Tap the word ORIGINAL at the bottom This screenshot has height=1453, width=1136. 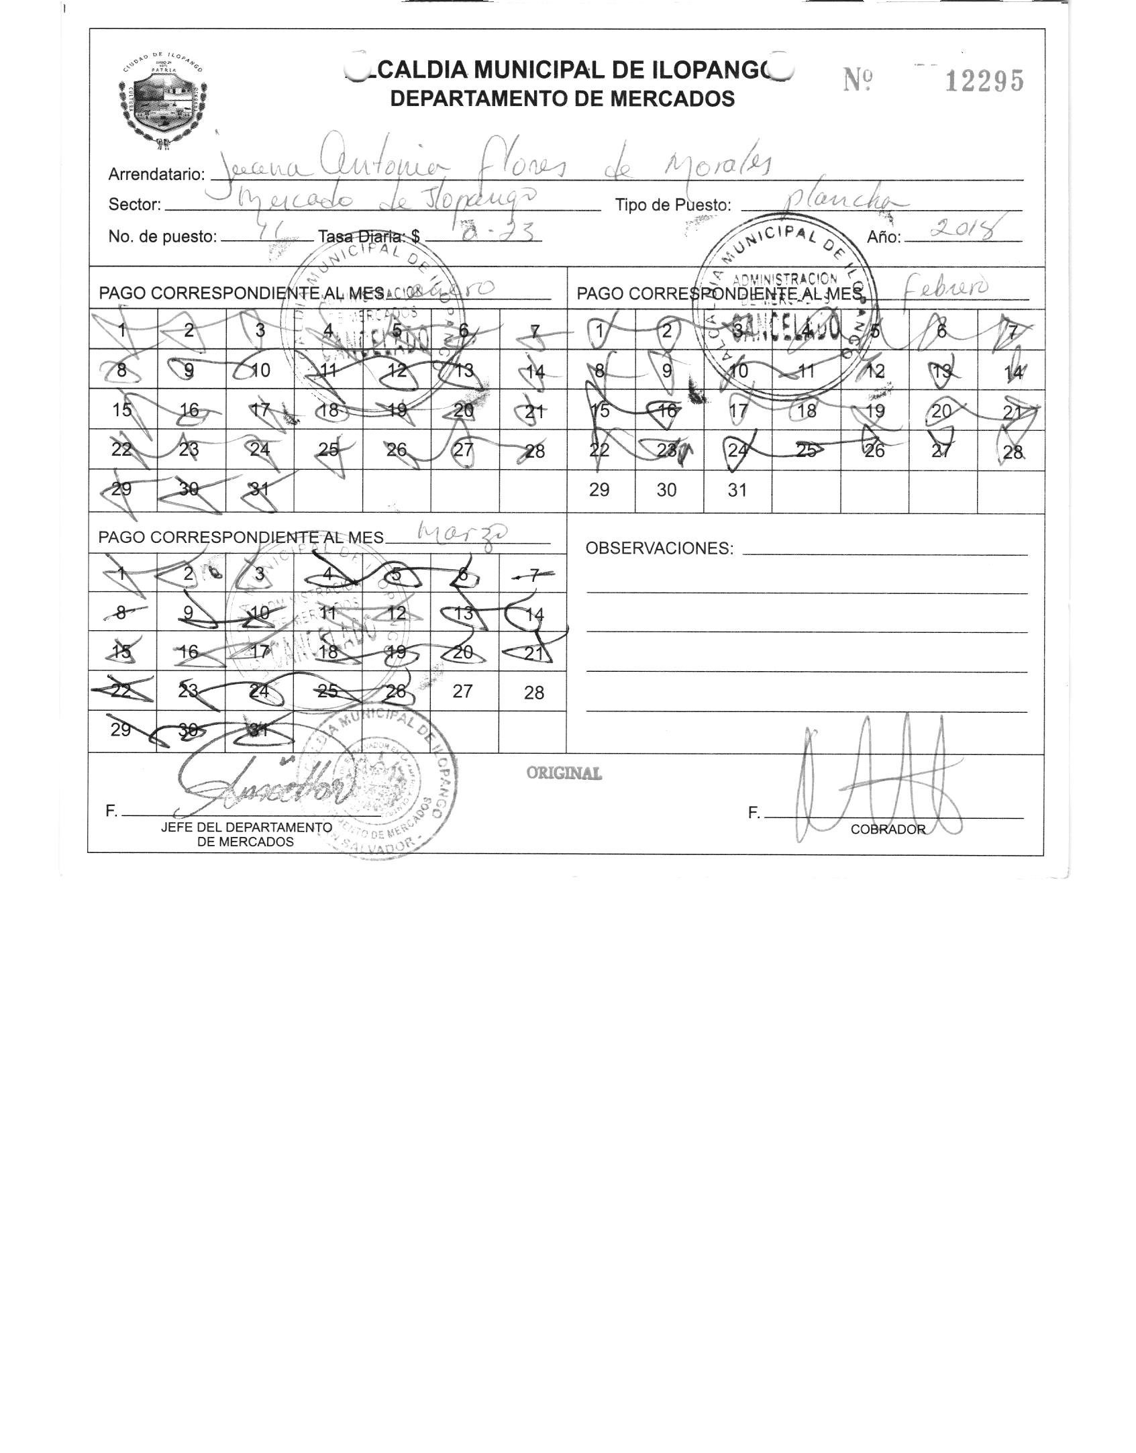pos(564,773)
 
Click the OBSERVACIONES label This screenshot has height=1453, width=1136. pos(660,548)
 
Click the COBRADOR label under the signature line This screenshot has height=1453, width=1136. pos(888,830)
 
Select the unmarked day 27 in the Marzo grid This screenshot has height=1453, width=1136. pos(462,691)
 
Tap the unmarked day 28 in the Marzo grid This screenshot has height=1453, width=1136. pos(533,693)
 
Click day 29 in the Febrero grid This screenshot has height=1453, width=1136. pos(599,490)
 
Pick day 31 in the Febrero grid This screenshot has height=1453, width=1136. pos(737,490)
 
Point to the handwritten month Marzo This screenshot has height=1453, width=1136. pos(463,534)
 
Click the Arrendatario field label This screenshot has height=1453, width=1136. pos(156,174)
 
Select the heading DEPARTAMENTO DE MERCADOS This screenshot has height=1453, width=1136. pos(562,99)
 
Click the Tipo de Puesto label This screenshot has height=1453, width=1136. pos(673,205)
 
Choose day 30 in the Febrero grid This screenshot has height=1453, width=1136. pos(666,490)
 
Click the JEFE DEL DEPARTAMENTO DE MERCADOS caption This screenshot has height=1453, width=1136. pos(246,834)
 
